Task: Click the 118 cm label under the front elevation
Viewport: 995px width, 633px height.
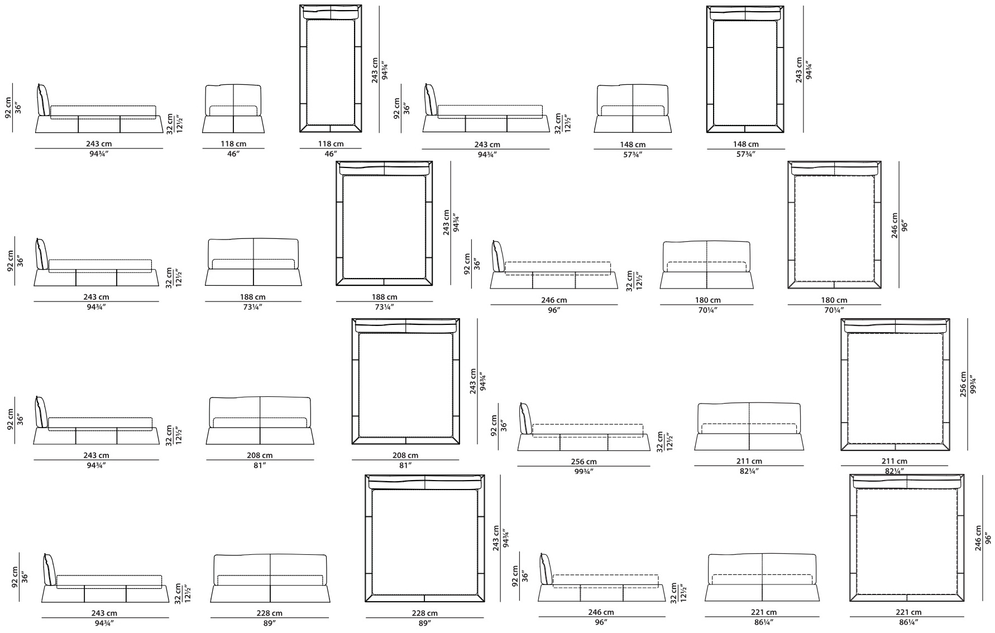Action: pyautogui.click(x=233, y=144)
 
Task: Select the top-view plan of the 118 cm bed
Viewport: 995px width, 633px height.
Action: pyautogui.click(x=331, y=69)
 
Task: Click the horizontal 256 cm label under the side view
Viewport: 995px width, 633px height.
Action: pyautogui.click(x=583, y=462)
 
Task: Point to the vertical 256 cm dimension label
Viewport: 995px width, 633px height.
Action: pyautogui.click(x=963, y=384)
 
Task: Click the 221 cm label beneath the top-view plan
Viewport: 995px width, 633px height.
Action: pyautogui.click(x=908, y=612)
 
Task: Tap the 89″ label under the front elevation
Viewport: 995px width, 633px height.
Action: pyautogui.click(x=270, y=622)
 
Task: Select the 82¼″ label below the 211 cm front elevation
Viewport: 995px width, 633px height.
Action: pyautogui.click(x=749, y=471)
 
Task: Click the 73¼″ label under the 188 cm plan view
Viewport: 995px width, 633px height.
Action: pyautogui.click(x=385, y=306)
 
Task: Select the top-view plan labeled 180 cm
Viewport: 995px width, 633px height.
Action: pyautogui.click(x=834, y=225)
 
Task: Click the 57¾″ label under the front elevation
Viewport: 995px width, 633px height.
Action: pyautogui.click(x=633, y=154)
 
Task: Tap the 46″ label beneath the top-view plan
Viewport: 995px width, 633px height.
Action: pyautogui.click(x=331, y=154)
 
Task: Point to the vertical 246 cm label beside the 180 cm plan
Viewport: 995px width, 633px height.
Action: pyautogui.click(x=895, y=226)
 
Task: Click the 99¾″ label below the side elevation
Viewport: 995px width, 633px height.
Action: pyautogui.click(x=583, y=471)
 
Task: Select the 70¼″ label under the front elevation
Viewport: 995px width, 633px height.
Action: pyautogui.click(x=707, y=310)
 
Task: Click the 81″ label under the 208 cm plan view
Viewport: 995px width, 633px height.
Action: pyautogui.click(x=405, y=465)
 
